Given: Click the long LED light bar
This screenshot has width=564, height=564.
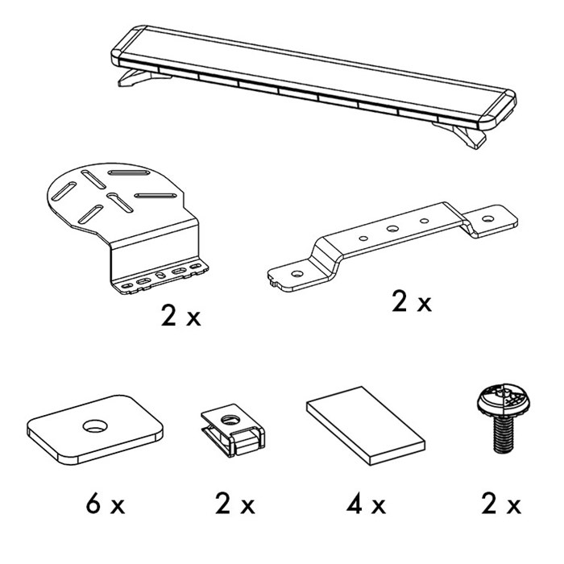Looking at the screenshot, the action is [x=313, y=77].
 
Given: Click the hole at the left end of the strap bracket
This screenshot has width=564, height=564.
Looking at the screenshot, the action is [x=297, y=274].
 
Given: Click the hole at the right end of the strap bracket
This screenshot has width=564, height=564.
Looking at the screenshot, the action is [x=487, y=218].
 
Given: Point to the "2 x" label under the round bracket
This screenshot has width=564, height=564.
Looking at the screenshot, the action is [x=180, y=316].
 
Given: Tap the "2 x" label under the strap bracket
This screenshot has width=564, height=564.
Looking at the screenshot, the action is [x=411, y=301].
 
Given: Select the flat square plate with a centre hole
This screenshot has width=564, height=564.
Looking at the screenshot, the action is [x=95, y=429].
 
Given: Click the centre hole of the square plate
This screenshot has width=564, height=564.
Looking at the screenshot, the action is [x=95, y=426].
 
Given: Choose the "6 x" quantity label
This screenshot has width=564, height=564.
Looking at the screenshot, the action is [x=106, y=504].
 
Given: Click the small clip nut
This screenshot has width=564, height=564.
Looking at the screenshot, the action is [x=233, y=429].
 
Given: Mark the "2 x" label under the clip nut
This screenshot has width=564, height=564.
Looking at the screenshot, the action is [x=235, y=504].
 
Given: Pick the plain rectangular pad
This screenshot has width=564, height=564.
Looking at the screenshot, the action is [x=366, y=426].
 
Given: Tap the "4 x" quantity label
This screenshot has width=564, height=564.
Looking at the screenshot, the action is [x=366, y=504].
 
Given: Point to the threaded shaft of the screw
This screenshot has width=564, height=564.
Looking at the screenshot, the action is [x=504, y=433].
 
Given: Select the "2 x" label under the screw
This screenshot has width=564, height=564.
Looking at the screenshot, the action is [x=501, y=504].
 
